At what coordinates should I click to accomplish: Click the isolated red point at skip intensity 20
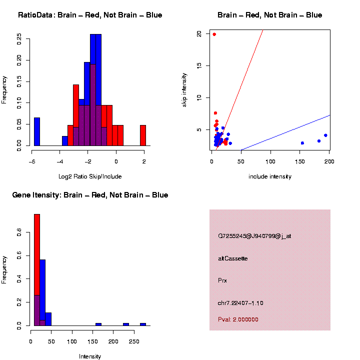click(214, 34)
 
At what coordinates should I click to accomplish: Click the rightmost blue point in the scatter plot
click(325, 135)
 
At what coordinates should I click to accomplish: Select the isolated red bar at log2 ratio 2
click(143, 135)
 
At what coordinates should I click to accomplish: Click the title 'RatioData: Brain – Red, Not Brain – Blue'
click(90, 15)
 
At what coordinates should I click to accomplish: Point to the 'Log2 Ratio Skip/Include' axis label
click(90, 176)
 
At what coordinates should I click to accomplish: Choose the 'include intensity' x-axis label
click(270, 176)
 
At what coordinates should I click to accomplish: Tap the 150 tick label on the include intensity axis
click(300, 161)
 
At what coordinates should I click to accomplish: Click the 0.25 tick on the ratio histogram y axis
click(19, 39)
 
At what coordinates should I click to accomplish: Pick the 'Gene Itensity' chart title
click(90, 195)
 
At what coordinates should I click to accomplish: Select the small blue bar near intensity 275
click(143, 324)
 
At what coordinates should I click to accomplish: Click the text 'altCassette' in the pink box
click(233, 258)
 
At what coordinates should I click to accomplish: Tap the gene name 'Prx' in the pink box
click(222, 280)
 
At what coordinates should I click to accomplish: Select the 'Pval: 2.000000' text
click(238, 319)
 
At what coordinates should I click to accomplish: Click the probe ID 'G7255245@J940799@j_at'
click(254, 236)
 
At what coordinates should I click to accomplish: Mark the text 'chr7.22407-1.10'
click(240, 303)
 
